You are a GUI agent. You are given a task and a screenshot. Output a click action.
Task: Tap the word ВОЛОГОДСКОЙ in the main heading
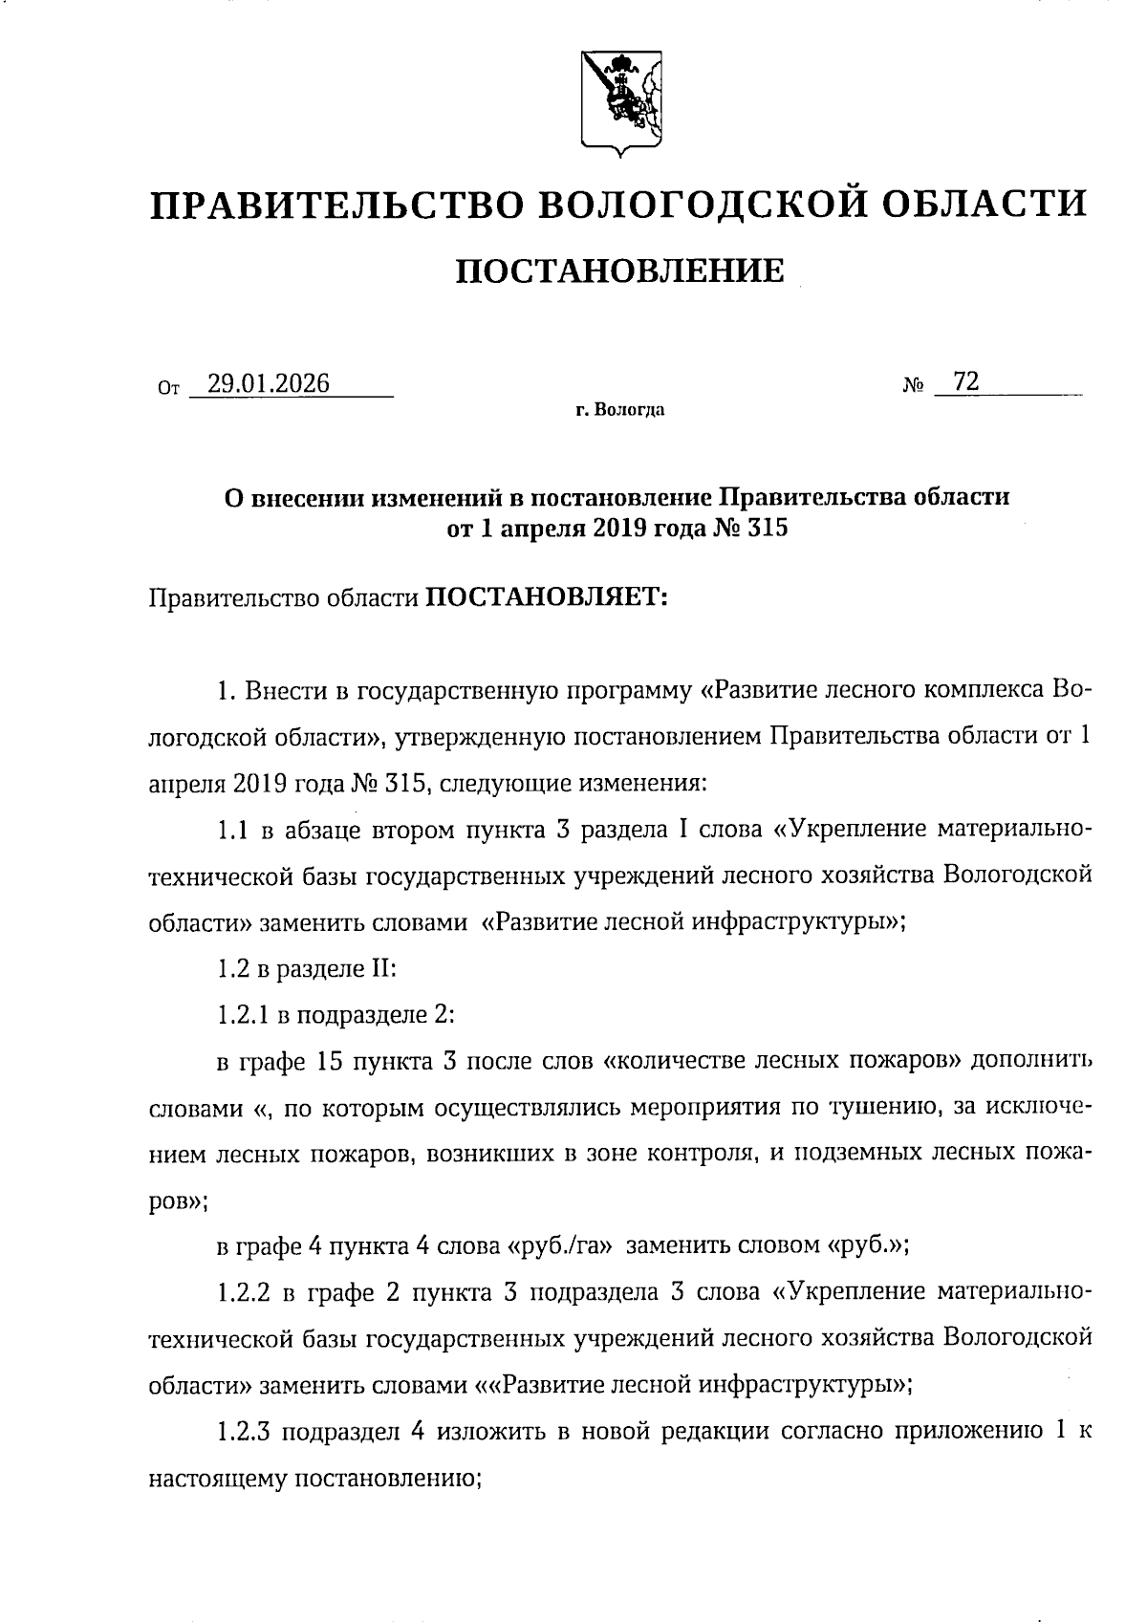711,205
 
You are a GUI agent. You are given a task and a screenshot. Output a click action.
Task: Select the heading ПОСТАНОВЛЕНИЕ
618,271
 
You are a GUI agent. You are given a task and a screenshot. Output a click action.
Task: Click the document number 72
966,382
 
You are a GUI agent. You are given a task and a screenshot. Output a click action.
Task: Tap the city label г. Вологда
619,411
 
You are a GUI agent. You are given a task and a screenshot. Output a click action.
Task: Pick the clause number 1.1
233,830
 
